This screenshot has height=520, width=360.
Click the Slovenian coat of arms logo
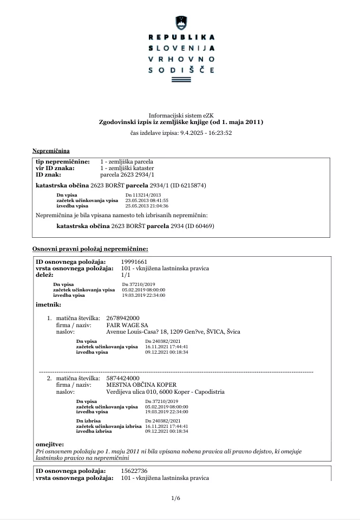[x=180, y=23]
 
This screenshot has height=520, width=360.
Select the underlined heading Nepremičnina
[x=51, y=150]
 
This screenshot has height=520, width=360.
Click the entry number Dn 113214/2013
[x=143, y=194]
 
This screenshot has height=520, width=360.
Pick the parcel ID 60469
[x=202, y=225]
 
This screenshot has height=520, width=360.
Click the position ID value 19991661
[x=134, y=262]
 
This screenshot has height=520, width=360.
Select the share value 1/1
[x=126, y=275]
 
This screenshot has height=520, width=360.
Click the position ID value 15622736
[x=134, y=471]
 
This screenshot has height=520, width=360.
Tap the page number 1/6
[x=175, y=498]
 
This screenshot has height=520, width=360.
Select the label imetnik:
[x=47, y=304]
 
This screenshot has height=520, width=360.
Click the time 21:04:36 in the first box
[x=158, y=206]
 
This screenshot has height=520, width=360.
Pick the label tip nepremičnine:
[x=63, y=162]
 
